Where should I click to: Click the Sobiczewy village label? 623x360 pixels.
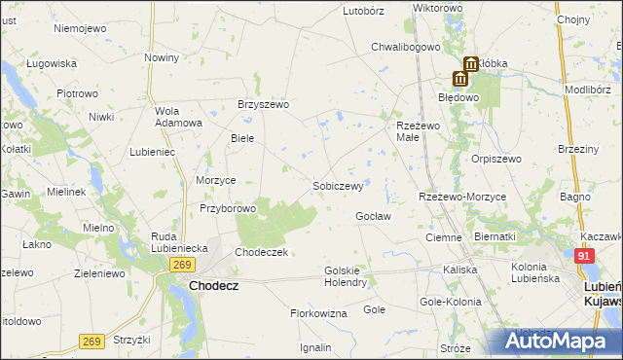[x=338, y=185]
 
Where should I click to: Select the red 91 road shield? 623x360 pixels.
[x=584, y=256]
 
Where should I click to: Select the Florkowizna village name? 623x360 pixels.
[x=318, y=313]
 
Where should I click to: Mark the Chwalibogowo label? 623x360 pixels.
[x=407, y=46]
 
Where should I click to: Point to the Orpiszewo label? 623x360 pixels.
[x=496, y=159]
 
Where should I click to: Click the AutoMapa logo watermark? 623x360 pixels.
[x=560, y=342]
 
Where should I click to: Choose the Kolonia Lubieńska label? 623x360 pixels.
[x=536, y=273]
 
